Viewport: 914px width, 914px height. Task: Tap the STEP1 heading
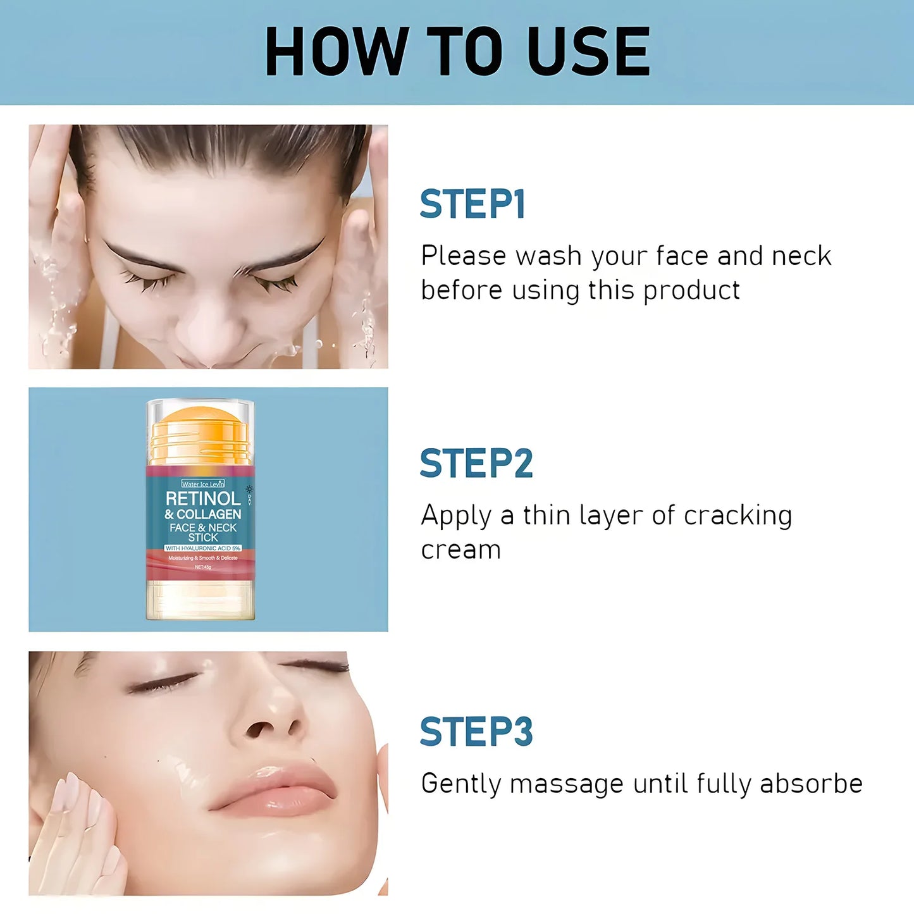tap(472, 204)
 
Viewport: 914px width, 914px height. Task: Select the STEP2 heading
tap(476, 464)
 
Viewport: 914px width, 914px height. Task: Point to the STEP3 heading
tap(476, 732)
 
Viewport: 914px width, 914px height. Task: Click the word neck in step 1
tap(801, 256)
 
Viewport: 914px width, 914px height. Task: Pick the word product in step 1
tap(691, 291)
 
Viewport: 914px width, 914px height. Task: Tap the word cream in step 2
tap(460, 550)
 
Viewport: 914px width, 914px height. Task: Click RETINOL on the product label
tap(203, 498)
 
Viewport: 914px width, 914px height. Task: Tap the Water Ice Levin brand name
tap(202, 484)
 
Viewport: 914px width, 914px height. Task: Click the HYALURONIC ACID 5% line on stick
tap(203, 548)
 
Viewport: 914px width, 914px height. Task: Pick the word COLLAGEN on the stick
tap(209, 514)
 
